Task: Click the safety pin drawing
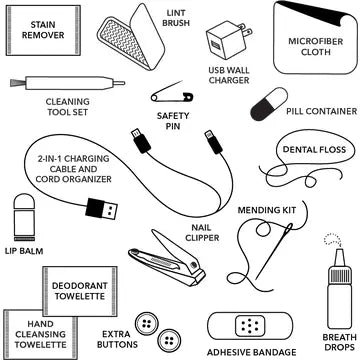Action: (x=172, y=94)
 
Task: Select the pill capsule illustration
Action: (x=269, y=104)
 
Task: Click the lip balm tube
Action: (x=24, y=217)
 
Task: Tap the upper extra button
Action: (x=147, y=323)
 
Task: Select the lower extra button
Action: (x=169, y=340)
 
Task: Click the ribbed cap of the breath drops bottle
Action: (x=340, y=275)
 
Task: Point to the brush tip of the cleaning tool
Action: (x=17, y=82)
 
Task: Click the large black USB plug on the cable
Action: (x=101, y=209)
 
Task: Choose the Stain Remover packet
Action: (x=43, y=30)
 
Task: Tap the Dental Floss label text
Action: (x=314, y=149)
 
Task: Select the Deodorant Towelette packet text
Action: (x=80, y=291)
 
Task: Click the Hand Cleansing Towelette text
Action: (x=40, y=334)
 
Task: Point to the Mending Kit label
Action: (x=267, y=210)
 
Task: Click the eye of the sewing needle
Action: (x=288, y=228)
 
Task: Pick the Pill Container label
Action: (x=322, y=111)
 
